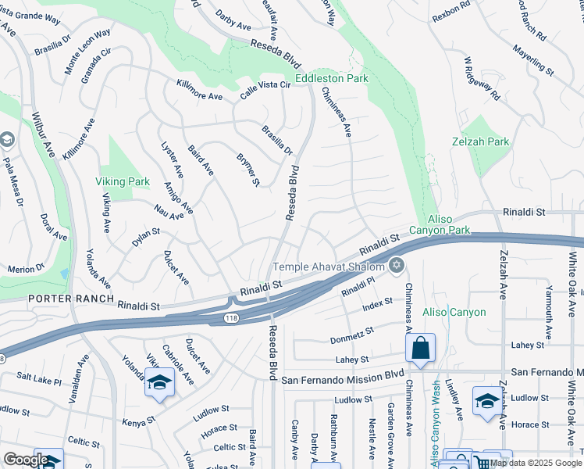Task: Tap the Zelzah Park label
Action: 480,141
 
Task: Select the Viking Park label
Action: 123,181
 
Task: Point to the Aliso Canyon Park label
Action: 449,225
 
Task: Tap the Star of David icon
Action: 397,267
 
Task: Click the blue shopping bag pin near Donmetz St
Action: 420,349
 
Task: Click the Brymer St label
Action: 247,169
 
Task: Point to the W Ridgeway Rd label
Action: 481,79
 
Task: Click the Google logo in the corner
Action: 26,460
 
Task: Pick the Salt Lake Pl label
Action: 37,381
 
